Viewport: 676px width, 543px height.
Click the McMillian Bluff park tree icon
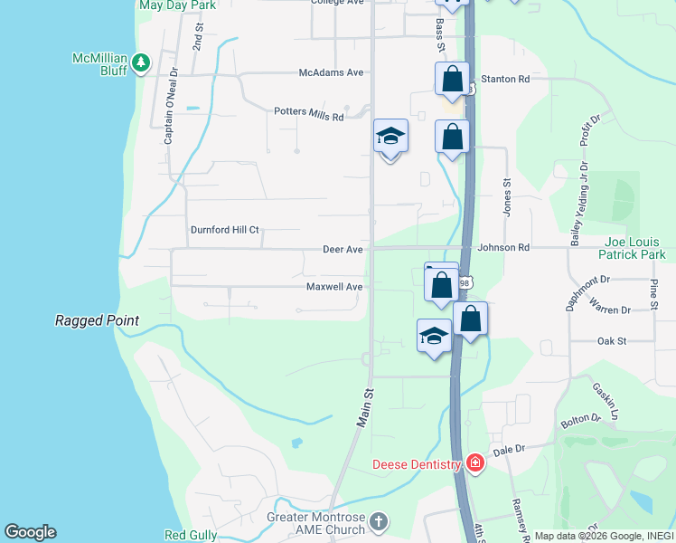(x=140, y=62)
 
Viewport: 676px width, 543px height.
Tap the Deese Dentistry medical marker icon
(x=475, y=464)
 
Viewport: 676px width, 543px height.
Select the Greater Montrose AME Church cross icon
(x=379, y=521)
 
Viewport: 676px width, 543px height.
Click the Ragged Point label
(x=97, y=320)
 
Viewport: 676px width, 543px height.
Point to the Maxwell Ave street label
(x=334, y=287)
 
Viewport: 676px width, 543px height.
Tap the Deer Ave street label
(x=343, y=249)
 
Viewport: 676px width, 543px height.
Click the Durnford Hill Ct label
(x=224, y=230)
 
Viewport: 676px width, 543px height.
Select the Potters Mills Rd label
(x=309, y=115)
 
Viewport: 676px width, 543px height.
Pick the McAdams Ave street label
(x=332, y=72)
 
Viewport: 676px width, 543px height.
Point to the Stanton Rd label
(x=505, y=80)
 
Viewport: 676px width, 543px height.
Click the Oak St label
(x=612, y=341)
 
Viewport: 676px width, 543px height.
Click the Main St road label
(x=364, y=408)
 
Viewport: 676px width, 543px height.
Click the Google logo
(x=30, y=532)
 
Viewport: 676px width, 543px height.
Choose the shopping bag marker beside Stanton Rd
(x=452, y=79)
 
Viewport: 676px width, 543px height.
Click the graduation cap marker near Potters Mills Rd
(x=390, y=137)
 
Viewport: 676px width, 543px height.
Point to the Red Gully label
(x=191, y=536)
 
